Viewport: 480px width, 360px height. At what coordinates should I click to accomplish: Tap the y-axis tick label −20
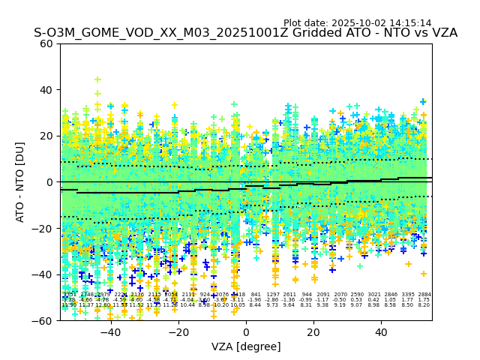44,229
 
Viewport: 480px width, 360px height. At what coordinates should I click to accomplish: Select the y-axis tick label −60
44,321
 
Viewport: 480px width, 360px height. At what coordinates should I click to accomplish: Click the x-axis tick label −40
110,332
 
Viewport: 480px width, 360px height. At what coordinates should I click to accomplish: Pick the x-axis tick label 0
246,332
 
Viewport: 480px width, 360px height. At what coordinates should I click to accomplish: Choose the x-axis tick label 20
313,332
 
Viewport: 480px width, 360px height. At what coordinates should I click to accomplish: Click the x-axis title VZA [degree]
246,346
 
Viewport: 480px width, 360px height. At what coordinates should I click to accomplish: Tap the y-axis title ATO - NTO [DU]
21,182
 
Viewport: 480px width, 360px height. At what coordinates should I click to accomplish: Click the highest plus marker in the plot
97,79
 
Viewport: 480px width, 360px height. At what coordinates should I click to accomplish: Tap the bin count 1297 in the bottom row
273,295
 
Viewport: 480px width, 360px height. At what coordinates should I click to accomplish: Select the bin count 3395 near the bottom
407,295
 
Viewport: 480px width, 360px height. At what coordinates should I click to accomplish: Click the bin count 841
256,295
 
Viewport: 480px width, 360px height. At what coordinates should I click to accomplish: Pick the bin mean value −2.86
272,300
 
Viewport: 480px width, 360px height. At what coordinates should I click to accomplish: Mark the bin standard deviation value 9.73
272,305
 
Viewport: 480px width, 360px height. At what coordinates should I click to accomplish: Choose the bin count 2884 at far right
424,295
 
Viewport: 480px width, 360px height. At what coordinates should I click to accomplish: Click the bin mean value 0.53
356,300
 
